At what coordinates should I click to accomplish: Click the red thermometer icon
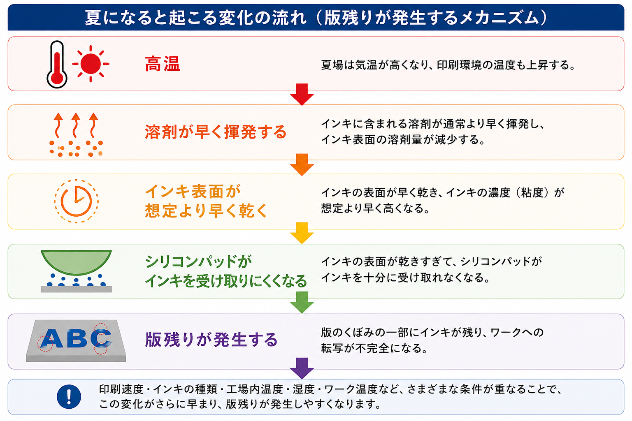(x=57, y=64)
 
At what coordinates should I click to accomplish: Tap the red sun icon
(x=91, y=64)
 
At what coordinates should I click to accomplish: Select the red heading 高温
(x=163, y=64)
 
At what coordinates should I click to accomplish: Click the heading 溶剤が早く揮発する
(x=216, y=132)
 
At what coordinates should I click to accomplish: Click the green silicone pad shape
(x=76, y=262)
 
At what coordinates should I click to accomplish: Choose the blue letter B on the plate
(x=77, y=339)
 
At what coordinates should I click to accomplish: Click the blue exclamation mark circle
(x=69, y=396)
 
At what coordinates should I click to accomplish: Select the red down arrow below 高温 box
(x=302, y=95)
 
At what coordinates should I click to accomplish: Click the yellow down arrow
(x=302, y=233)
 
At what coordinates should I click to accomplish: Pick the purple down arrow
(x=302, y=368)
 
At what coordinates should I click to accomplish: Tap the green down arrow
(x=302, y=303)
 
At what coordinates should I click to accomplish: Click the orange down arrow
(x=302, y=165)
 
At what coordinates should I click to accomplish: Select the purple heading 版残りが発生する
(x=211, y=340)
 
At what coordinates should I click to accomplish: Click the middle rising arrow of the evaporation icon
(x=75, y=125)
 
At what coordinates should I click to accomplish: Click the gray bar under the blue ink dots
(x=76, y=289)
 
